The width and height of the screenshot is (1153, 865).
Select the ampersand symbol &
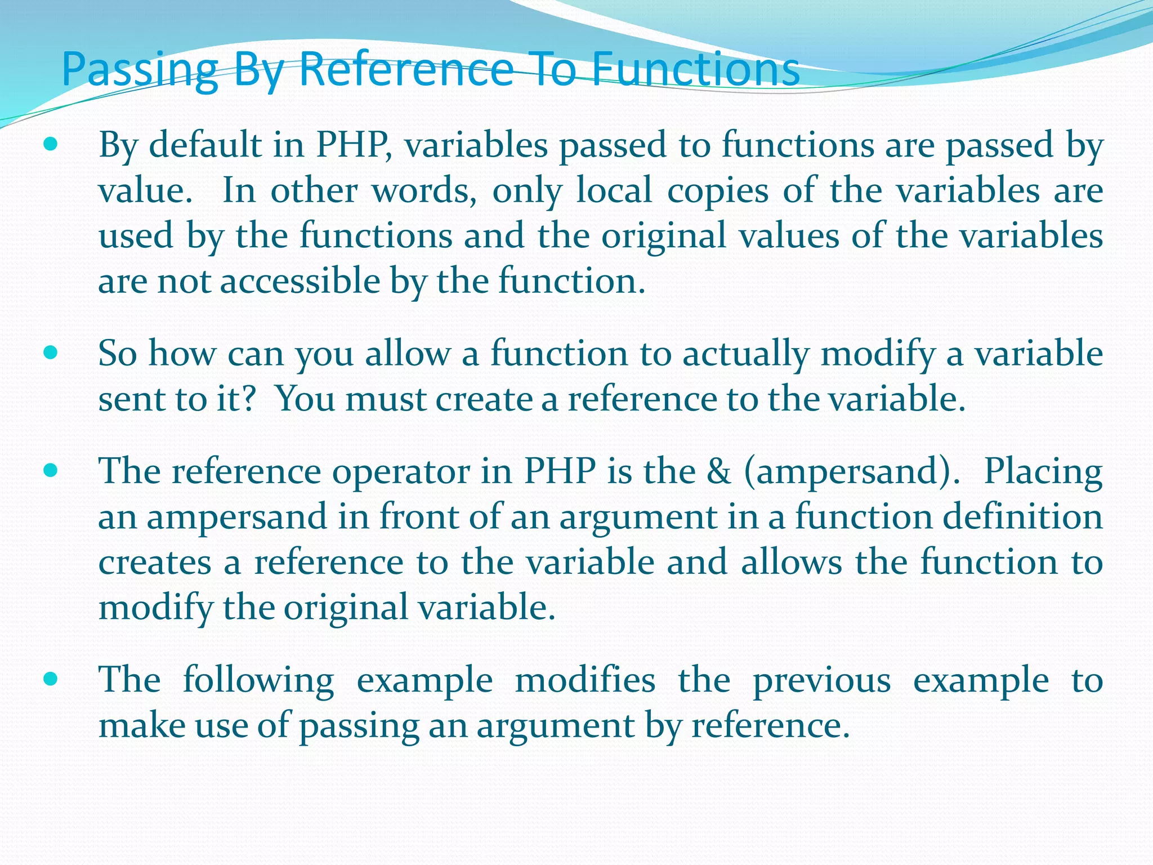click(x=719, y=471)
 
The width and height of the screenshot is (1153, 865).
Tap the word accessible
click(x=300, y=281)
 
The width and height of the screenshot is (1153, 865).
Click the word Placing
click(x=1043, y=472)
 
